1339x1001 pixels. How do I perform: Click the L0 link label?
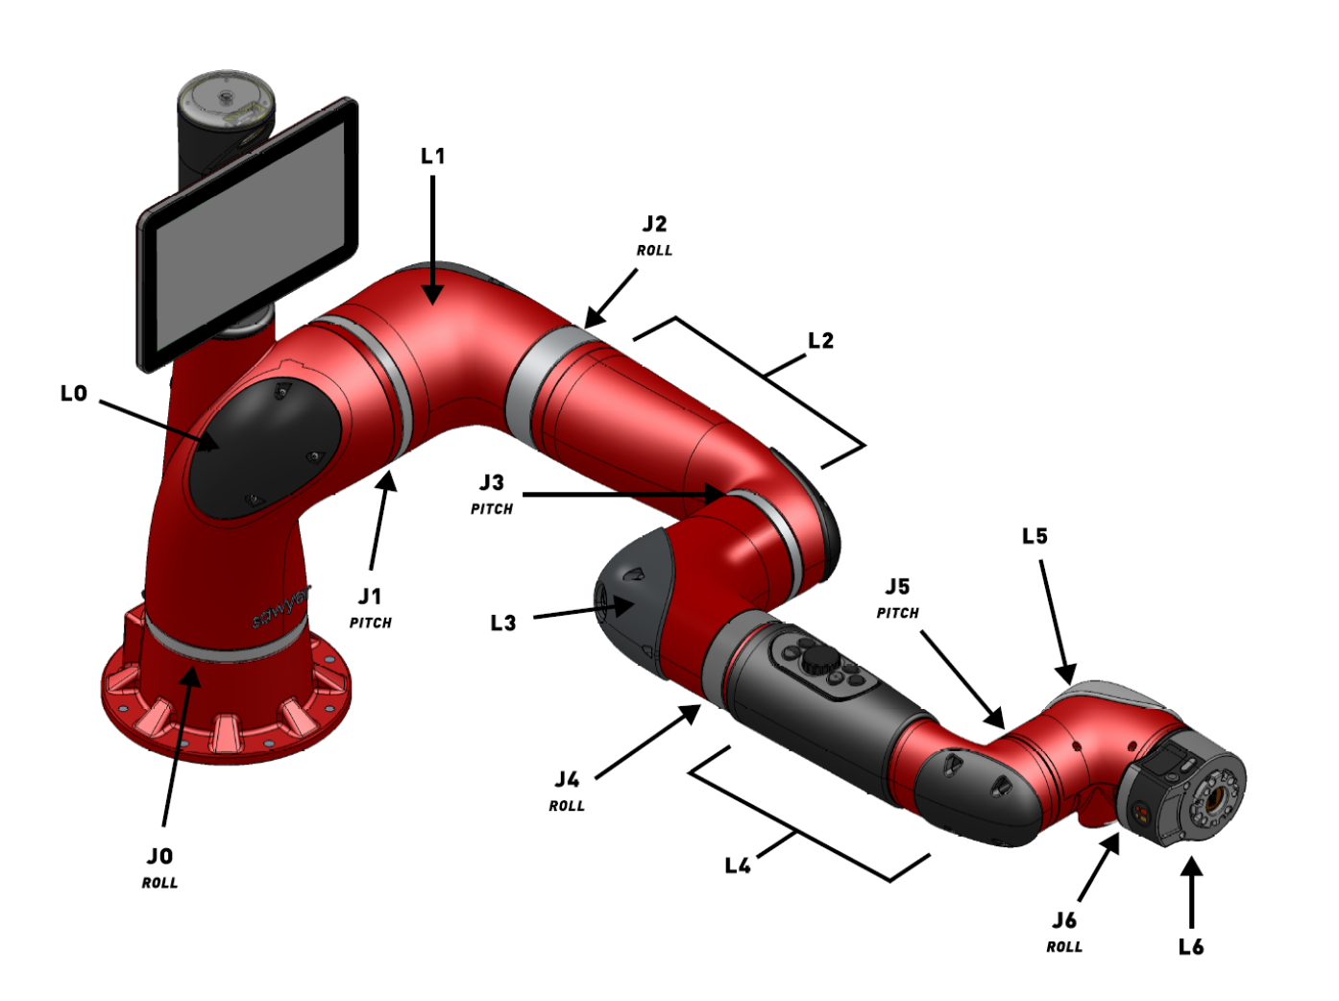pyautogui.click(x=74, y=394)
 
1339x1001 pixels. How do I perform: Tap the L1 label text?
pyautogui.click(x=432, y=157)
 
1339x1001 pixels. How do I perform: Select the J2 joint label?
pyautogui.click(x=654, y=224)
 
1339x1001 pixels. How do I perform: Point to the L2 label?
pyautogui.click(x=820, y=340)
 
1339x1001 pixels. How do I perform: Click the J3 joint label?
pyautogui.click(x=491, y=482)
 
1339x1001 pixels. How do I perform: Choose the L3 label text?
pyautogui.click(x=503, y=623)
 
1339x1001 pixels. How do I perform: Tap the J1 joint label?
pyautogui.click(x=370, y=596)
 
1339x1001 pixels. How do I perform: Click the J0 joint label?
pyautogui.click(x=159, y=856)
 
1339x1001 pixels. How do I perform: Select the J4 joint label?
pyautogui.click(x=567, y=779)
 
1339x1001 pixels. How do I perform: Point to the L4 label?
pyautogui.click(x=738, y=865)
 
